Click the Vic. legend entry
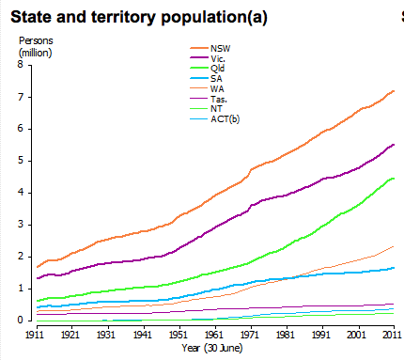point(219,59)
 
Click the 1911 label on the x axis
point(36,333)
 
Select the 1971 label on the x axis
point(250,333)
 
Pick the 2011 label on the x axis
point(392,333)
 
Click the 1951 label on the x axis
point(179,333)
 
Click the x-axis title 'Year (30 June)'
point(214,348)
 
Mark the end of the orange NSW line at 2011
point(394,90)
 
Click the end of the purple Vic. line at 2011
point(394,144)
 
